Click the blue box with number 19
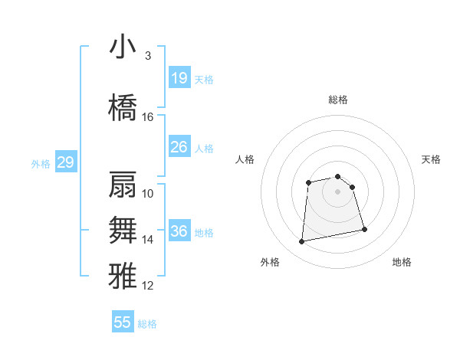pyautogui.click(x=179, y=78)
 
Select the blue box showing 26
pyautogui.click(x=179, y=147)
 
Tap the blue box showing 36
pyautogui.click(x=179, y=231)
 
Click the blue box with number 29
pyautogui.click(x=65, y=162)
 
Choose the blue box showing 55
pyautogui.click(x=123, y=322)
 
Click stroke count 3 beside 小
pyautogui.click(x=148, y=56)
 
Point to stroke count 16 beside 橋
pyautogui.click(x=148, y=117)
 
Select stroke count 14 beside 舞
pyautogui.click(x=148, y=240)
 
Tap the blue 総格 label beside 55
pyautogui.click(x=147, y=323)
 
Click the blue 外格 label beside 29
pyautogui.click(x=41, y=163)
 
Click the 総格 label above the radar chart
pyautogui.click(x=338, y=100)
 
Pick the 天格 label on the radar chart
pyautogui.click(x=432, y=159)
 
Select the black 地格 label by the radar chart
pyautogui.click(x=402, y=262)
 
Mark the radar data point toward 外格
pyautogui.click(x=302, y=242)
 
